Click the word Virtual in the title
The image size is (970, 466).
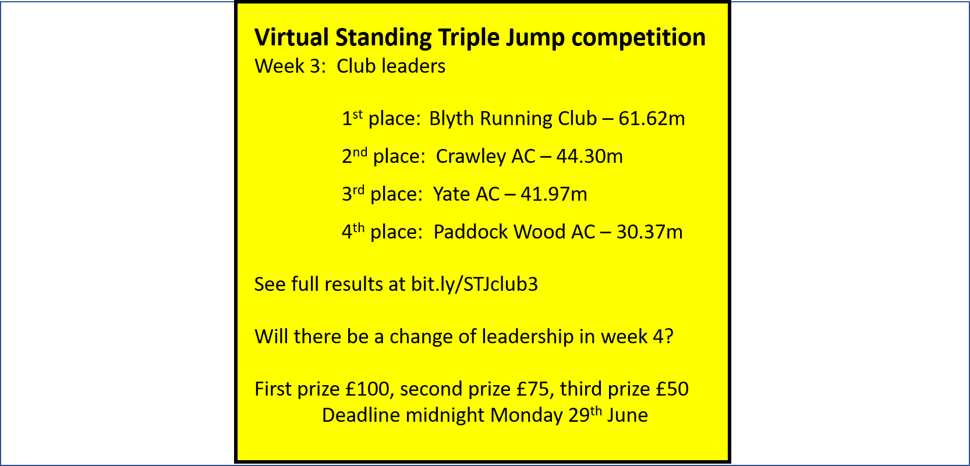click(292, 37)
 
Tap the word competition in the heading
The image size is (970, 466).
click(638, 38)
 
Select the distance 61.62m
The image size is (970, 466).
click(652, 119)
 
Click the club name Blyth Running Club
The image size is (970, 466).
click(513, 119)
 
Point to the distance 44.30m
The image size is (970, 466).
click(589, 156)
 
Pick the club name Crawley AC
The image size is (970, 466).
click(486, 156)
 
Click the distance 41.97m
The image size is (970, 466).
click(554, 194)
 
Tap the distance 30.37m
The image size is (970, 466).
click(650, 232)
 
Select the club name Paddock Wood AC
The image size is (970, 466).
click(515, 232)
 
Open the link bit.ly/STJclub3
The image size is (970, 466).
click(474, 284)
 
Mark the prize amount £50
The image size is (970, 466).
click(672, 389)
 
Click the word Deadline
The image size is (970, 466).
click(361, 415)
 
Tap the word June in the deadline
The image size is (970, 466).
click(628, 415)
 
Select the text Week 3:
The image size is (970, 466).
click(290, 66)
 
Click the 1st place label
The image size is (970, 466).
click(381, 119)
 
